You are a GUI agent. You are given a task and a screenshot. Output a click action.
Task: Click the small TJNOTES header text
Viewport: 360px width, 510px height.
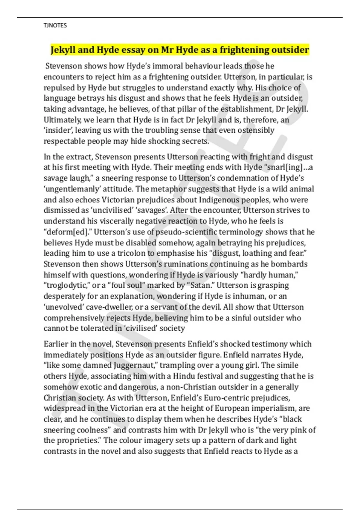(55, 25)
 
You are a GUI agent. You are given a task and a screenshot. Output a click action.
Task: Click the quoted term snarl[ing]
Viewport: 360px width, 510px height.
(279, 167)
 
